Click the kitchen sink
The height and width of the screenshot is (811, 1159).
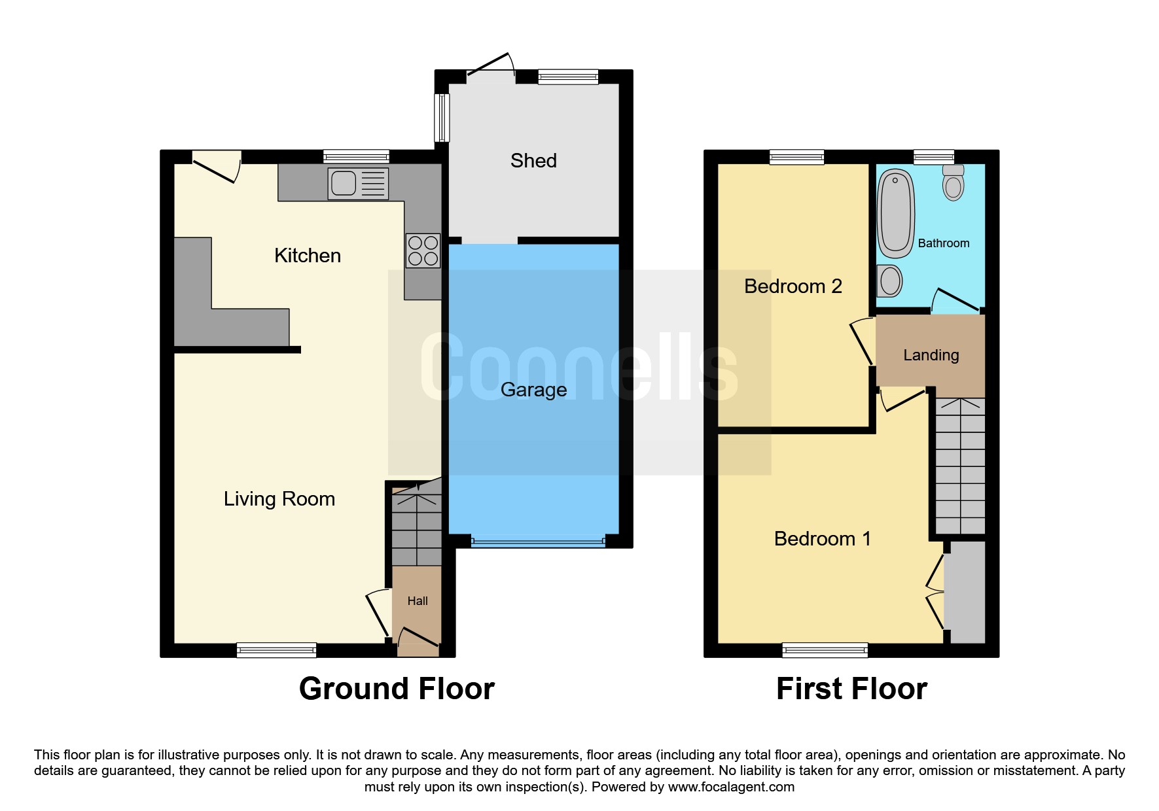[358, 183]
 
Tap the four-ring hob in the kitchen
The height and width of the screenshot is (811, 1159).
[423, 251]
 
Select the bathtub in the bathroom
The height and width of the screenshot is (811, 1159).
[895, 214]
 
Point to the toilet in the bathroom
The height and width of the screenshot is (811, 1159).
[954, 182]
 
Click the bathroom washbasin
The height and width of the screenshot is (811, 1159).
[889, 281]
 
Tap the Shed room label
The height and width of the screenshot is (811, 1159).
[533, 161]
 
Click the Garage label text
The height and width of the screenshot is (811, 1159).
[533, 390]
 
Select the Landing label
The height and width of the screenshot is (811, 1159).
[931, 355]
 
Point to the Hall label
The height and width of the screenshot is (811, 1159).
[418, 601]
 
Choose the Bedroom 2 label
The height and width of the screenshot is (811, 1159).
[793, 286]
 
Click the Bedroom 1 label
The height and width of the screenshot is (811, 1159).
[822, 539]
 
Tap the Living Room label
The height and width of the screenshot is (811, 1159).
[279, 499]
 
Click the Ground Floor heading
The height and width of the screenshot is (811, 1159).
[397, 689]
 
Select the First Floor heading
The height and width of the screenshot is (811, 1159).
[851, 689]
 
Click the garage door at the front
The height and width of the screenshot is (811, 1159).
[537, 542]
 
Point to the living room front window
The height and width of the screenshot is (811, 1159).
[276, 650]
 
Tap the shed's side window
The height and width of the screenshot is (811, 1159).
[442, 118]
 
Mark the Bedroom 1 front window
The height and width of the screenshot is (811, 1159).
[825, 650]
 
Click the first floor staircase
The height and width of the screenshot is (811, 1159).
[960, 466]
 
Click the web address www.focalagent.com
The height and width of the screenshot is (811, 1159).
[731, 787]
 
